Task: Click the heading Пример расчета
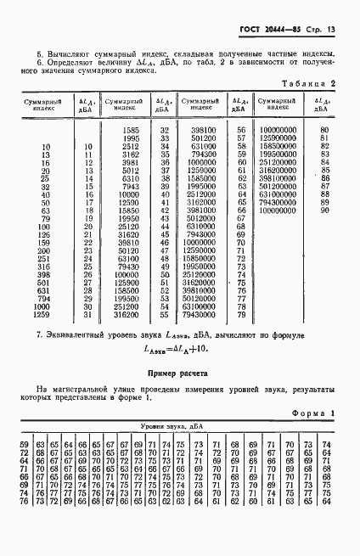click(x=179, y=371)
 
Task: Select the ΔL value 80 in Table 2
click(x=324, y=129)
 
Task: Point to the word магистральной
click(x=82, y=389)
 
